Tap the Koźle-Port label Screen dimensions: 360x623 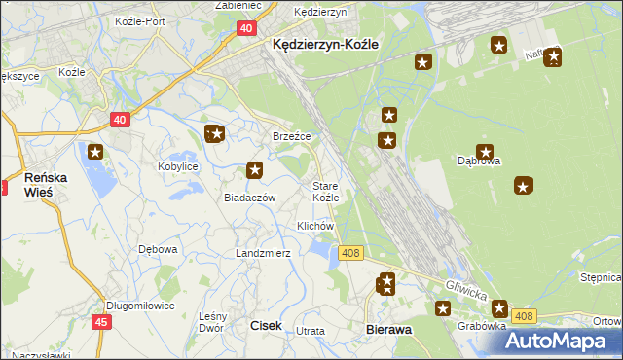145,20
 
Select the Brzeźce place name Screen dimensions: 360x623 291,137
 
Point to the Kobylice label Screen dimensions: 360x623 178,167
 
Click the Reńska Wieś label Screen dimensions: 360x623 45,185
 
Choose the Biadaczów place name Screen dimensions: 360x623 250,197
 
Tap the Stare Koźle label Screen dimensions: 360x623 325,191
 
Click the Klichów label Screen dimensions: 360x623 315,226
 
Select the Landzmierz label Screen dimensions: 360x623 263,253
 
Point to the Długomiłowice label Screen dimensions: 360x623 140,305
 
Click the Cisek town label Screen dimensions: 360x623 267,326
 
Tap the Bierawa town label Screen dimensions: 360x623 389,330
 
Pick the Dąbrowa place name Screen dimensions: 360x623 479,162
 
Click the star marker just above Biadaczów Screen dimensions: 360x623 255,170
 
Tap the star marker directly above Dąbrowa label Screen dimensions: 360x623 485,151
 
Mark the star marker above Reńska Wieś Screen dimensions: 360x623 95,151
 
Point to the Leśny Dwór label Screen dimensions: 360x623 212,322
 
